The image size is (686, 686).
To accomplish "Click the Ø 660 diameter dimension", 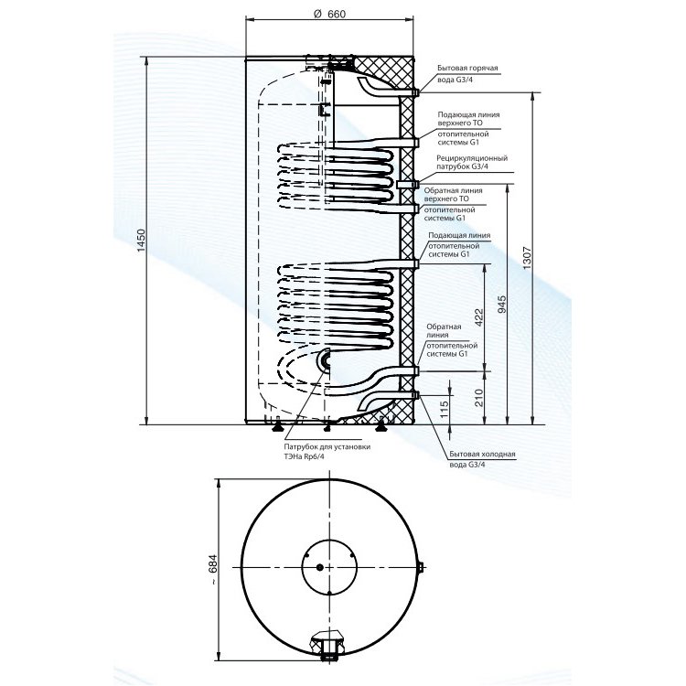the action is tap(330, 14).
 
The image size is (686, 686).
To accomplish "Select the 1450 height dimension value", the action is tap(141, 241).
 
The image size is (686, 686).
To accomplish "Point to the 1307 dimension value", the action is tap(526, 258).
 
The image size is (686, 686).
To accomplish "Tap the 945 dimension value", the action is tap(502, 304).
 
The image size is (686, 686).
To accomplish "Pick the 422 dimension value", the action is tap(479, 317).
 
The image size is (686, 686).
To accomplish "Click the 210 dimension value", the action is tap(479, 398).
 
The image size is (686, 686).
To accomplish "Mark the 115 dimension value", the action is tap(444, 410).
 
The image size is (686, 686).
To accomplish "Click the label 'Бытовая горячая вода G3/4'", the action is tap(467, 74).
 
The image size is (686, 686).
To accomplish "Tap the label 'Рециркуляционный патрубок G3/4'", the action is tap(472, 162).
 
